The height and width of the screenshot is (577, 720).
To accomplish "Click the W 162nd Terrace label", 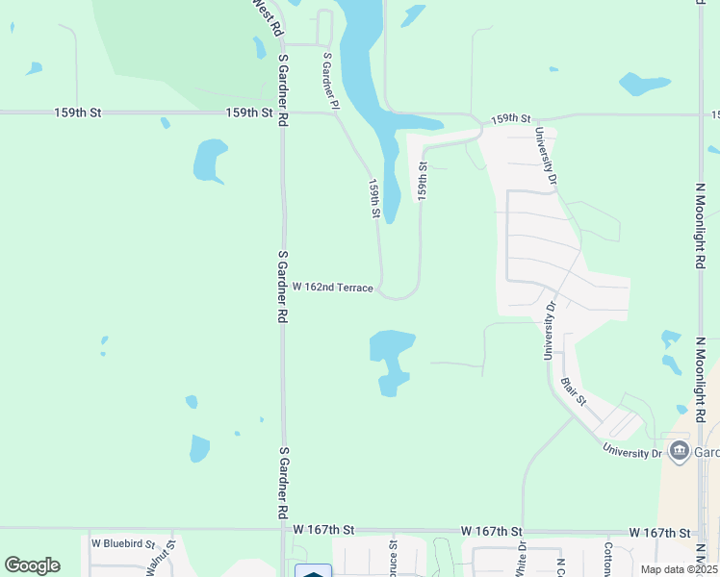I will point(332,288).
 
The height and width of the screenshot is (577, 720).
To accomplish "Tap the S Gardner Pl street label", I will point(331,81).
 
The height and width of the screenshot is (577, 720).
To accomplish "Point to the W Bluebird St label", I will point(123,543).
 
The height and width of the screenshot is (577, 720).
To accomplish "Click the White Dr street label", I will point(522,559).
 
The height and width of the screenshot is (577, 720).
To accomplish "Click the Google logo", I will point(32,565).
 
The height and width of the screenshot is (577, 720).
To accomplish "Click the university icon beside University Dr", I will point(679,451).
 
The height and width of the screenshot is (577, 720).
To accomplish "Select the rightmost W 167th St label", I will point(662,532).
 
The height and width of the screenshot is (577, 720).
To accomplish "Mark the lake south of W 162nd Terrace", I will point(390,358).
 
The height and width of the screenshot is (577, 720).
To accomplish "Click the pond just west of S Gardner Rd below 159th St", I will point(209,161).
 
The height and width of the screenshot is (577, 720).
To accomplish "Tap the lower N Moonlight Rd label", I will point(701,378).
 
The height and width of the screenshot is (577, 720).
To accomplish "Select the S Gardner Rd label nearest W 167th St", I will point(284,481).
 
